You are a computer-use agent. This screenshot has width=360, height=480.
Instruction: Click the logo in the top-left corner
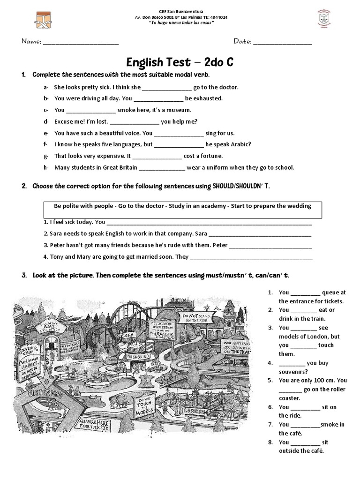tap(43, 19)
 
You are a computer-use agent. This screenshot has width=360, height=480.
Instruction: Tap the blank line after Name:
tap(80, 42)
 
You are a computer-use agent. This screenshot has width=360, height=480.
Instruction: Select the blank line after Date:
tap(282, 42)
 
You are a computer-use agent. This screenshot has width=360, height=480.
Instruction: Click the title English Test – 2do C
tap(180, 62)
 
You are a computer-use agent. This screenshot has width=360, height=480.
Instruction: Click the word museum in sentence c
tap(178, 110)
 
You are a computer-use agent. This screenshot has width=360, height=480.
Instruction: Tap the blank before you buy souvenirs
tap(291, 363)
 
